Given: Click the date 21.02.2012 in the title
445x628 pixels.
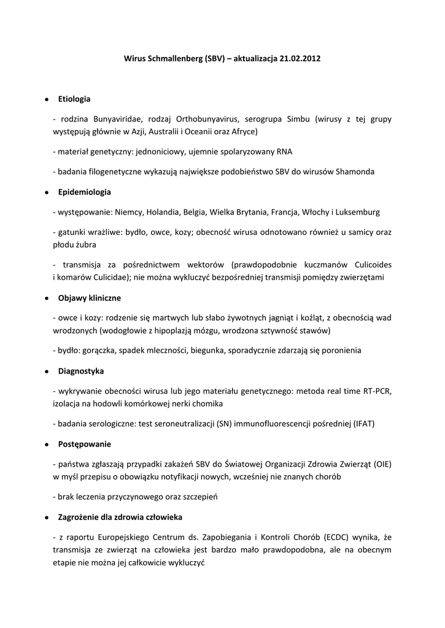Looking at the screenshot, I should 300,59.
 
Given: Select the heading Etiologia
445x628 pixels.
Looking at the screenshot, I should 74,98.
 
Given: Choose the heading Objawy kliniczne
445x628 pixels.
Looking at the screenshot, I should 90,297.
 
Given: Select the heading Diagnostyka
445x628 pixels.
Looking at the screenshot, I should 81,371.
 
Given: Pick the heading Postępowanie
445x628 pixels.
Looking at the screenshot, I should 85,443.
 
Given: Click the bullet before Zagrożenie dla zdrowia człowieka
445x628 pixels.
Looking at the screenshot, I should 47,517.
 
